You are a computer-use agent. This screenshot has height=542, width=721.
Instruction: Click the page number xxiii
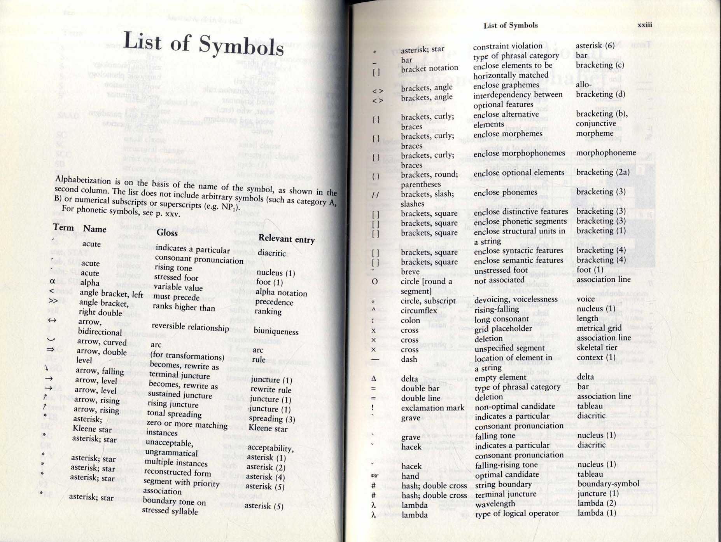(645, 25)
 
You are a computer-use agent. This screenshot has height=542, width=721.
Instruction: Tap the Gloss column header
(167, 232)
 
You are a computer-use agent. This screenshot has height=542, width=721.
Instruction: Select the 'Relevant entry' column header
(287, 239)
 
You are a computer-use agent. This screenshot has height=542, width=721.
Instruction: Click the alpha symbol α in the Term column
(52, 281)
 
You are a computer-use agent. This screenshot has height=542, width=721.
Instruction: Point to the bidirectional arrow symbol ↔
(52, 321)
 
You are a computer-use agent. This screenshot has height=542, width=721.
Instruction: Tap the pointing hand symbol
(374, 476)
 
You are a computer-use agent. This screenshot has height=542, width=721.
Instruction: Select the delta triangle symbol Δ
(373, 378)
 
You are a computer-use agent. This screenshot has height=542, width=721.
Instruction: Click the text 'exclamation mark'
(432, 408)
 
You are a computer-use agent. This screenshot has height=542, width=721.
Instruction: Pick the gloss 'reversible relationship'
(190, 327)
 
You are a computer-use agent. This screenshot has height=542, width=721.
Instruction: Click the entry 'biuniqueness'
(276, 332)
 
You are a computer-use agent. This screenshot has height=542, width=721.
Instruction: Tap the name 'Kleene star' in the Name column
(92, 429)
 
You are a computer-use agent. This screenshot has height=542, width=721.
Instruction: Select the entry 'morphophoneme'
(606, 153)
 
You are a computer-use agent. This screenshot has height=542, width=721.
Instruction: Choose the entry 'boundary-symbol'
(608, 484)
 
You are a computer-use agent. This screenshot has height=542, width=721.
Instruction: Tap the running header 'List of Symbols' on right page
(511, 26)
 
